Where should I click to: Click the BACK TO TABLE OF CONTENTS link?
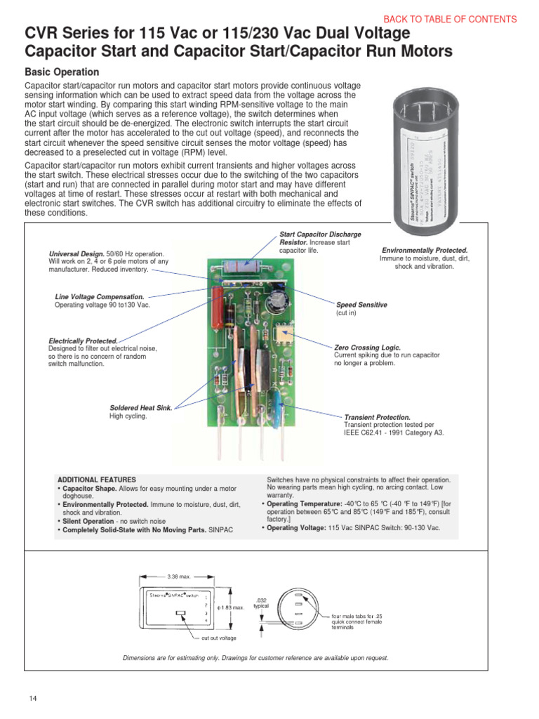(x=450, y=20)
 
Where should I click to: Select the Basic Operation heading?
(x=62, y=72)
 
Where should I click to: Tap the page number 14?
(x=33, y=698)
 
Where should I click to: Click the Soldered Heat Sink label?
(x=140, y=407)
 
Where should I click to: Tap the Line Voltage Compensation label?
(x=99, y=297)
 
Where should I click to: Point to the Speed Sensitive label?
(x=361, y=305)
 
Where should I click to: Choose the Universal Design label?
(x=76, y=253)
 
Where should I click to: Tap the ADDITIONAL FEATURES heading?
(x=96, y=480)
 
